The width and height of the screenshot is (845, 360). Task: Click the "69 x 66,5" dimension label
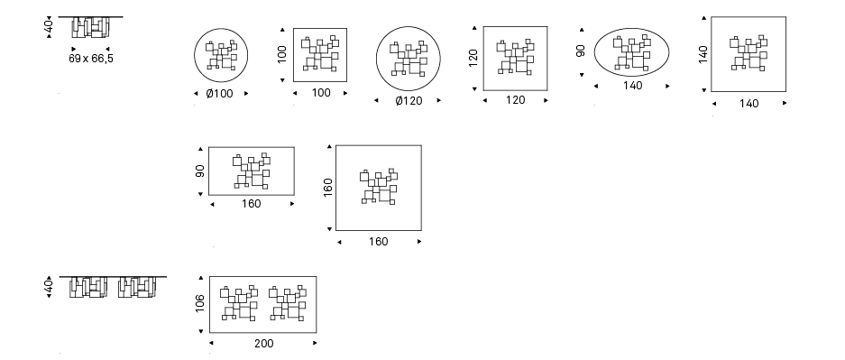coord(91,59)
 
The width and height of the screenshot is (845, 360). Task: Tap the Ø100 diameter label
coord(220,94)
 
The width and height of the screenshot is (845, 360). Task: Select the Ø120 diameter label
coord(409,101)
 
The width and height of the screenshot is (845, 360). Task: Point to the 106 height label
coord(200,303)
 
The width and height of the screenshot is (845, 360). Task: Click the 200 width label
coord(263,343)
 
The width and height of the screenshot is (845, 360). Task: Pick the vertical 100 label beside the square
coord(282,54)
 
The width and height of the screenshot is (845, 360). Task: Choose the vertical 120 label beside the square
coord(473,58)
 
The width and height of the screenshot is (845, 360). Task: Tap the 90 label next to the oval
coord(581,51)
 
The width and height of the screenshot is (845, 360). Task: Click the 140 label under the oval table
coord(633,86)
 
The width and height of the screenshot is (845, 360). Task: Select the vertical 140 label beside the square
coord(703,54)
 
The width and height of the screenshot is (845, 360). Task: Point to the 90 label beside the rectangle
coord(200,171)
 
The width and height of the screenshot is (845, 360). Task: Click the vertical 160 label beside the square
coord(327,188)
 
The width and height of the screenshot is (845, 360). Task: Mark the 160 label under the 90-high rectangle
coord(251,204)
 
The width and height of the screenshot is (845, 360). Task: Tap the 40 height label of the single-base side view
coord(49,27)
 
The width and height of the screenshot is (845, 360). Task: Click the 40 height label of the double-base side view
coord(49,287)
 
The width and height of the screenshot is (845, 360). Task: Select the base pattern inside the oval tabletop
coord(633,53)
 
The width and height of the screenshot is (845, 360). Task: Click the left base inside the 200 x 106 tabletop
coord(239,302)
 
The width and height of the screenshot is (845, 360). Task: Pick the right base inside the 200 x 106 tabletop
coord(288,302)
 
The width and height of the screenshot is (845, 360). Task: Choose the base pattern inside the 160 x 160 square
coord(379,187)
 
